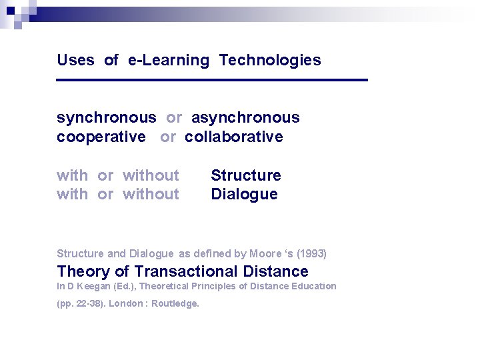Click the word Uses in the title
75,60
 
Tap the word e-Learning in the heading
169,60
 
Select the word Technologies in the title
270,60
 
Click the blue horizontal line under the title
212,80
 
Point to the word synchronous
107,118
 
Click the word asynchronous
245,118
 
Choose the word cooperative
101,137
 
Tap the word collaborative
234,137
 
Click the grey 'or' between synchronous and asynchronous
174,118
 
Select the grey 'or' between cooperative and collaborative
168,137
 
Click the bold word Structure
246,175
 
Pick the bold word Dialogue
244,194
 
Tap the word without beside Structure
151,175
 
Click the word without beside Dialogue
151,194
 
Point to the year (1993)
311,253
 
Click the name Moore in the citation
265,253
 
